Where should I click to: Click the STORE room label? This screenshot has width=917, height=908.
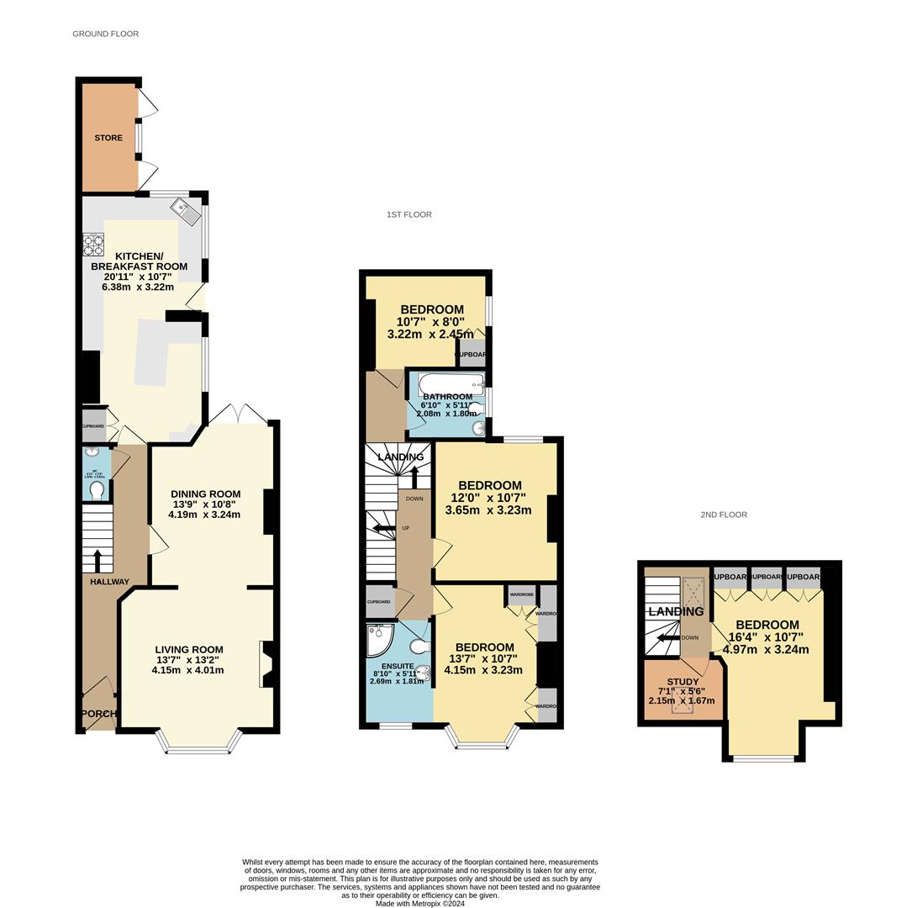108,138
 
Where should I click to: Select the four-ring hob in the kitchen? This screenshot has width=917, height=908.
92,244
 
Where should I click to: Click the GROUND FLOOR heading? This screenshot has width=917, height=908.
105,34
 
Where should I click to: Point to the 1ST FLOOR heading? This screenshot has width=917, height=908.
409,215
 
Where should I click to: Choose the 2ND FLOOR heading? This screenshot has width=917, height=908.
724,515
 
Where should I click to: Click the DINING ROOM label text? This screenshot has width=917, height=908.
205,494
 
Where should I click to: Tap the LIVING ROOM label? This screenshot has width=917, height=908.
189,649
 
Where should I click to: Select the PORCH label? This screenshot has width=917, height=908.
99,714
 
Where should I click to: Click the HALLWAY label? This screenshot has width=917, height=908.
110,582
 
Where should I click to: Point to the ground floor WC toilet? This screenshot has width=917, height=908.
97,488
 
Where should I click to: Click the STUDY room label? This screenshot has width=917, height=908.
682,682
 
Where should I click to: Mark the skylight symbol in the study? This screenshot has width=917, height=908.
682,702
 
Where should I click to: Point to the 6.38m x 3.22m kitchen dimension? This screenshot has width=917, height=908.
138,287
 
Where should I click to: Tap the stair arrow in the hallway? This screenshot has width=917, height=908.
97,559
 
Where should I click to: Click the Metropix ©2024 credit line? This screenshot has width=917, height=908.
419,904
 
